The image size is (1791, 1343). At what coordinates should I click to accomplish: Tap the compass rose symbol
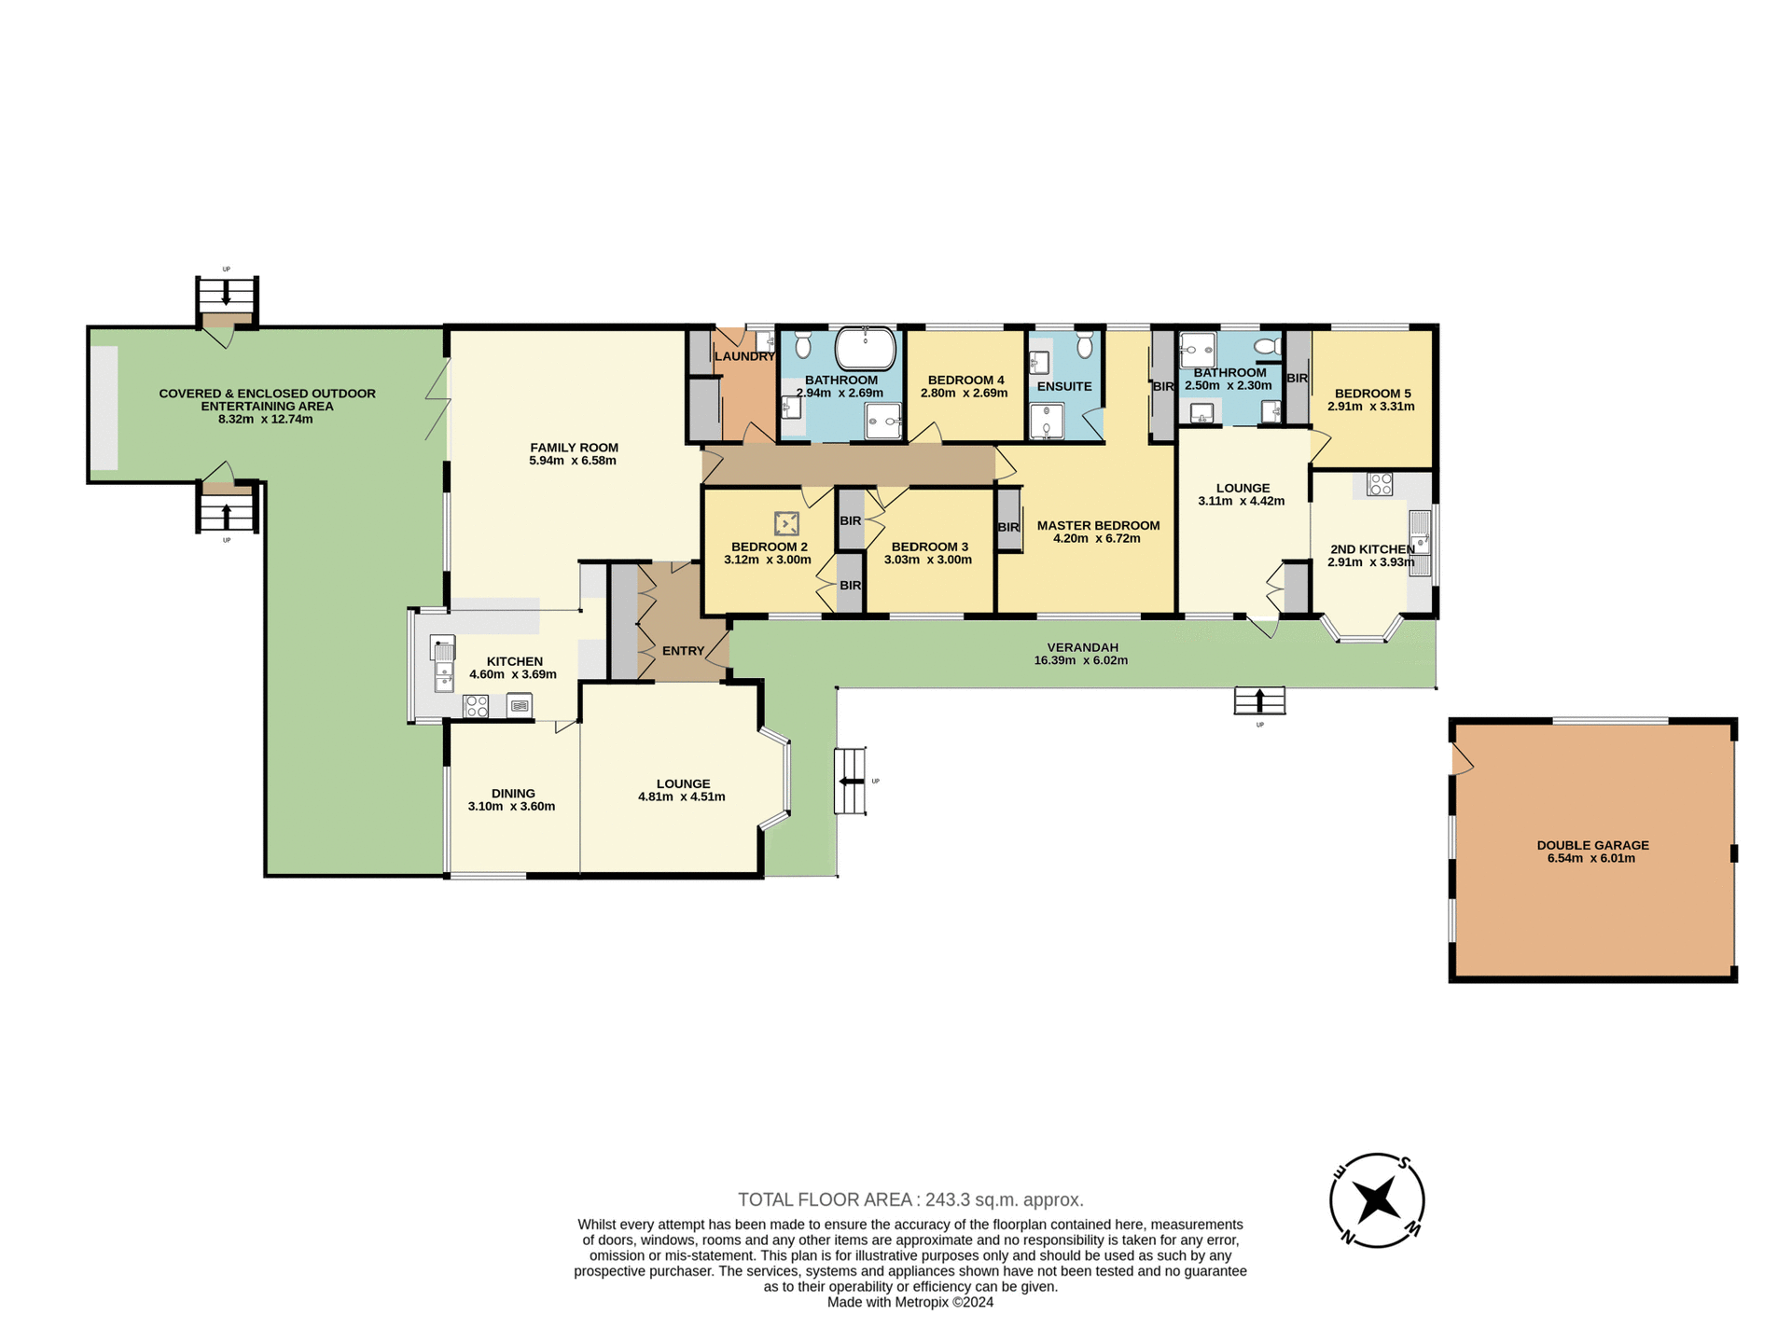coord(1376,1199)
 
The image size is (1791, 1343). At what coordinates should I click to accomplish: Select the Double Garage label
coord(1592,845)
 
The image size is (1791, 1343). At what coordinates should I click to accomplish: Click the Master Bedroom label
coord(1098,525)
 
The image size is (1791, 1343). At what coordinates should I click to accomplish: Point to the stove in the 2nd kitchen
coord(1380,484)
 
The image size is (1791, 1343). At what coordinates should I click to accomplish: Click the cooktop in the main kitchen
coord(476,706)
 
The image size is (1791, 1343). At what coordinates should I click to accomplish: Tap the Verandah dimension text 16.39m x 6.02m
coord(1080,660)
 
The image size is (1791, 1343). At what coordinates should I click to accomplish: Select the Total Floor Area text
coord(910,1199)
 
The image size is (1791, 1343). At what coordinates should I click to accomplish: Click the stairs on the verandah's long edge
coord(1259,700)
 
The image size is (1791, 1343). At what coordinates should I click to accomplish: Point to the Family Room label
coord(574,448)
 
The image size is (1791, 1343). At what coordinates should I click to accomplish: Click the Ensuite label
coord(1063,386)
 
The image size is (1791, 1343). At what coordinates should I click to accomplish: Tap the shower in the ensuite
coord(1047,422)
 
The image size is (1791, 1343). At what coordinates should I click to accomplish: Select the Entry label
coord(683,651)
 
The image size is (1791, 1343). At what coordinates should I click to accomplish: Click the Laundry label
coord(744,356)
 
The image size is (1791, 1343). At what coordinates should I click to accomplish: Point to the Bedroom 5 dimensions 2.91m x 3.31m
coord(1370,407)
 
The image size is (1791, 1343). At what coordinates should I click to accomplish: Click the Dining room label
coord(513,794)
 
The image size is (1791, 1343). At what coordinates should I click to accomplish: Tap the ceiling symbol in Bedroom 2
coord(786,523)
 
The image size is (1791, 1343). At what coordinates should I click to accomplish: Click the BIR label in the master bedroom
coord(1008,527)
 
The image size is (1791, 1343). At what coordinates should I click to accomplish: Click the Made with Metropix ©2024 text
coord(909,1302)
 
